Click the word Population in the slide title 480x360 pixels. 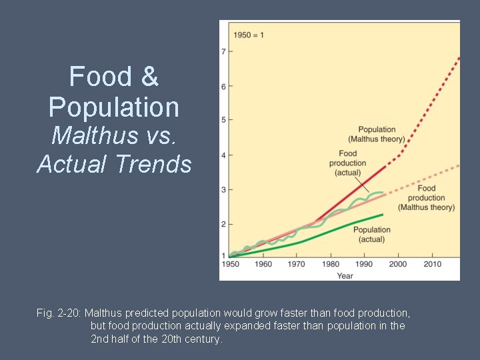point(114,107)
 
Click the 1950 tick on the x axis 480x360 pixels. point(230,264)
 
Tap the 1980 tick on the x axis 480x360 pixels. point(330,264)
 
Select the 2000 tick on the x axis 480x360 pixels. point(397,264)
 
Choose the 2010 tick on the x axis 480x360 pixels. point(431,264)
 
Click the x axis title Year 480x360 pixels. point(345,275)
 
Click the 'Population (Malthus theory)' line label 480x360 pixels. point(377,134)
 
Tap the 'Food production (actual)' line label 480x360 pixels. point(347,163)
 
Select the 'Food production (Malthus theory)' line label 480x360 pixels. point(427,198)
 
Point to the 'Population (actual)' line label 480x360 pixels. point(371,235)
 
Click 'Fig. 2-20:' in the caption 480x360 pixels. point(59,313)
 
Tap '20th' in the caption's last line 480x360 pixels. point(173,339)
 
